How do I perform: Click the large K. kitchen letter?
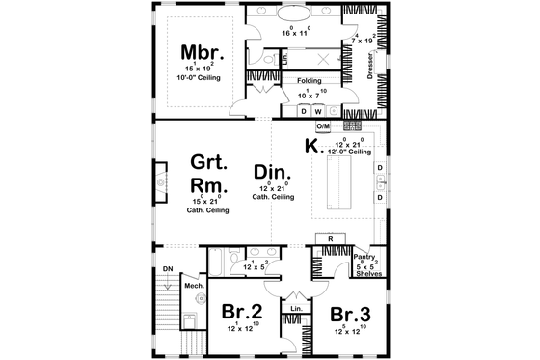coord(311,147)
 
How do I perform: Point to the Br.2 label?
coord(243,313)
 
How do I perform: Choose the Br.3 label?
coord(351,313)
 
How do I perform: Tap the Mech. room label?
coord(192,285)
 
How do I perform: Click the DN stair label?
coord(167,269)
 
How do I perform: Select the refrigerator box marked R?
coord(330,238)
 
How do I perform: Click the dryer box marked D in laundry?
coord(304,111)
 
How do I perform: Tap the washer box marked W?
coord(319,111)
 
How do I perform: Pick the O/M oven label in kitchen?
coord(324,126)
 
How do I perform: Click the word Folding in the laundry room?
coord(309,82)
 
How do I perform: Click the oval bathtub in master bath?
coord(290,16)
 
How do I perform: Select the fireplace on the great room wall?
coord(161,180)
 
